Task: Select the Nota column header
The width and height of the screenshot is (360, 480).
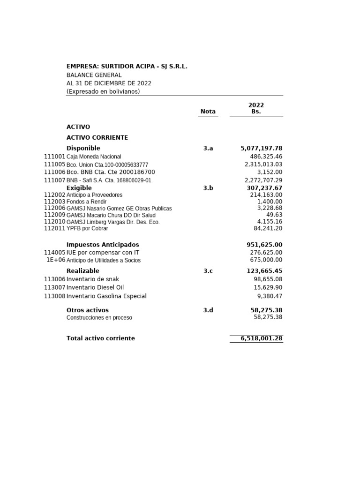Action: (208, 112)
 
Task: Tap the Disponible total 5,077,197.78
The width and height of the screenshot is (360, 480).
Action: (261, 148)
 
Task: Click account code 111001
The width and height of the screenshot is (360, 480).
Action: (55, 157)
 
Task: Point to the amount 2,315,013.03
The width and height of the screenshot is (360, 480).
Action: (263, 165)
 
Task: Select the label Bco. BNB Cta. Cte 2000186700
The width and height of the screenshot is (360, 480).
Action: (111, 172)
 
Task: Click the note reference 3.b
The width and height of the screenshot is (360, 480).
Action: (208, 188)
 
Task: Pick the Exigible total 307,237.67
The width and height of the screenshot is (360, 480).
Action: (264, 188)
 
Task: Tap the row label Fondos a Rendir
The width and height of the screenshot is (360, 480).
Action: (87, 202)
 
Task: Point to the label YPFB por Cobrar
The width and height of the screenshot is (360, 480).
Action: (87, 229)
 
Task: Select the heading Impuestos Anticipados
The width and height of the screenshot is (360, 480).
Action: (103, 245)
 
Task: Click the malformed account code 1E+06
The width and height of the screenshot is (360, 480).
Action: (56, 260)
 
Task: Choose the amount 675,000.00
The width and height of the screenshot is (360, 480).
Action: (266, 260)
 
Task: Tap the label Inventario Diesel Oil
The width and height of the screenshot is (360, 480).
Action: (95, 287)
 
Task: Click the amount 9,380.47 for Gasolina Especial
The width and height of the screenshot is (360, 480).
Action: (270, 296)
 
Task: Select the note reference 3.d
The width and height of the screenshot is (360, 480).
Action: (208, 310)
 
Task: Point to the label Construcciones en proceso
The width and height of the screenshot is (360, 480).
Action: (99, 318)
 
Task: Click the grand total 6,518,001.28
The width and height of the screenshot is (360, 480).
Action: (261, 338)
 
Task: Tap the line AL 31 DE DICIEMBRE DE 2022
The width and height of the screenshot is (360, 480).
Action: (109, 83)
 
